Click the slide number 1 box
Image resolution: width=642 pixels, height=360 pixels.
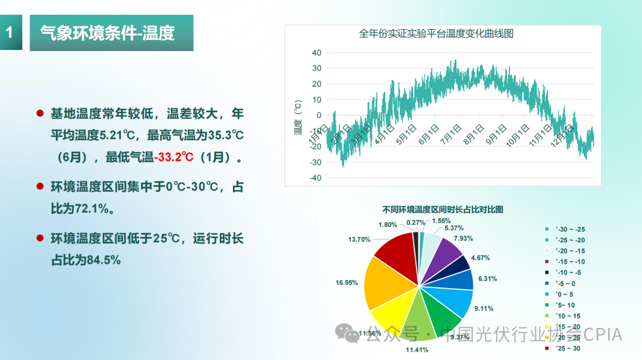10,33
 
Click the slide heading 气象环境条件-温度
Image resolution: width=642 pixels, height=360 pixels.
108,33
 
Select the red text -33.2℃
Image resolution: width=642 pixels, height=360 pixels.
174,157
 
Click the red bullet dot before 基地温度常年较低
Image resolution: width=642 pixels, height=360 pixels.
40,113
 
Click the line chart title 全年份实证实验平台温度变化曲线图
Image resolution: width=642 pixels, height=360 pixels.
436,34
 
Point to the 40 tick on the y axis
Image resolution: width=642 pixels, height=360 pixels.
316,53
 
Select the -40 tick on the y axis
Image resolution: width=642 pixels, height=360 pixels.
314,178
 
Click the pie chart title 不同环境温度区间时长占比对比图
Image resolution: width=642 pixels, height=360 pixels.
443,209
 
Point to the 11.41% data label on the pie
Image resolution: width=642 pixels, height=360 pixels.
417,349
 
